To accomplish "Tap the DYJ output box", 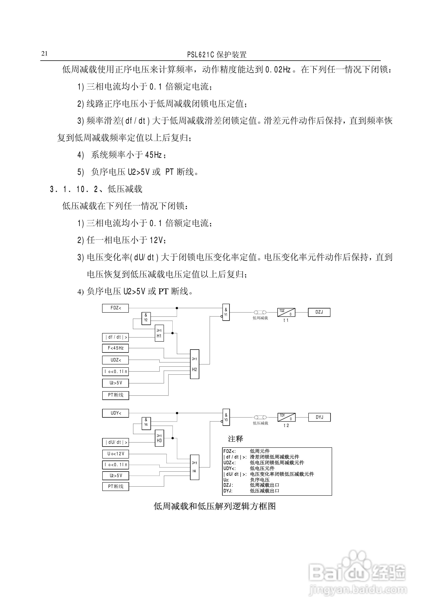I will [319, 417].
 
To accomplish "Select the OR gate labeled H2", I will [195, 364].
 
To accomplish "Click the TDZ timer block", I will [286, 312].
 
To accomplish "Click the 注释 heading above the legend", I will [235, 439].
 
